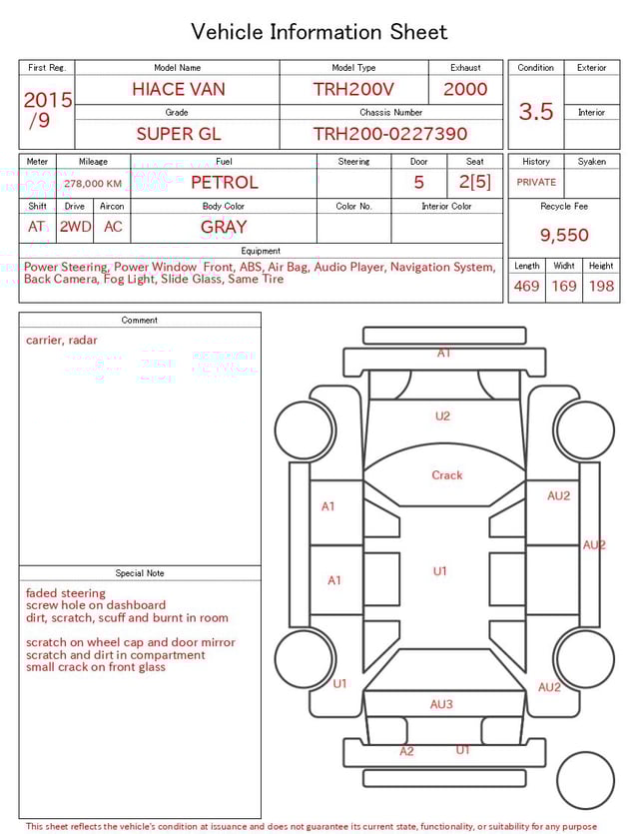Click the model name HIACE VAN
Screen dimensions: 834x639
click(179, 89)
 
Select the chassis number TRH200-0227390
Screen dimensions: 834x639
click(389, 134)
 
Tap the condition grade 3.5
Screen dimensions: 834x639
click(536, 112)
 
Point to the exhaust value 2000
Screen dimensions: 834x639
click(465, 89)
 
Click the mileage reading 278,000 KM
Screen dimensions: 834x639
click(93, 184)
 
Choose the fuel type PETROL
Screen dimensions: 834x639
click(224, 183)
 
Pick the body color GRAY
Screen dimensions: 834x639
click(224, 227)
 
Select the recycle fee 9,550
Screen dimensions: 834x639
click(564, 236)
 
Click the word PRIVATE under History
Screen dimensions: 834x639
click(536, 183)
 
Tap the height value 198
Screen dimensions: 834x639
click(601, 287)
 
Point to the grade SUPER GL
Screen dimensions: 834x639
click(179, 134)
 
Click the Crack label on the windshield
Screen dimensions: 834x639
click(447, 475)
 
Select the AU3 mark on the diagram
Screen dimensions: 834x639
click(441, 704)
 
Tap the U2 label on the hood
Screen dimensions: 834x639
click(442, 417)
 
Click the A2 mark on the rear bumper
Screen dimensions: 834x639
click(406, 751)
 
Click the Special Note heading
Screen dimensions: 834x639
click(140, 573)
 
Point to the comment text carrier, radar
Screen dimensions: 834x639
click(62, 341)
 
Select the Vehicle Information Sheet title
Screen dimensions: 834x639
click(319, 32)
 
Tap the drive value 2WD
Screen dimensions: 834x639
click(75, 227)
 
